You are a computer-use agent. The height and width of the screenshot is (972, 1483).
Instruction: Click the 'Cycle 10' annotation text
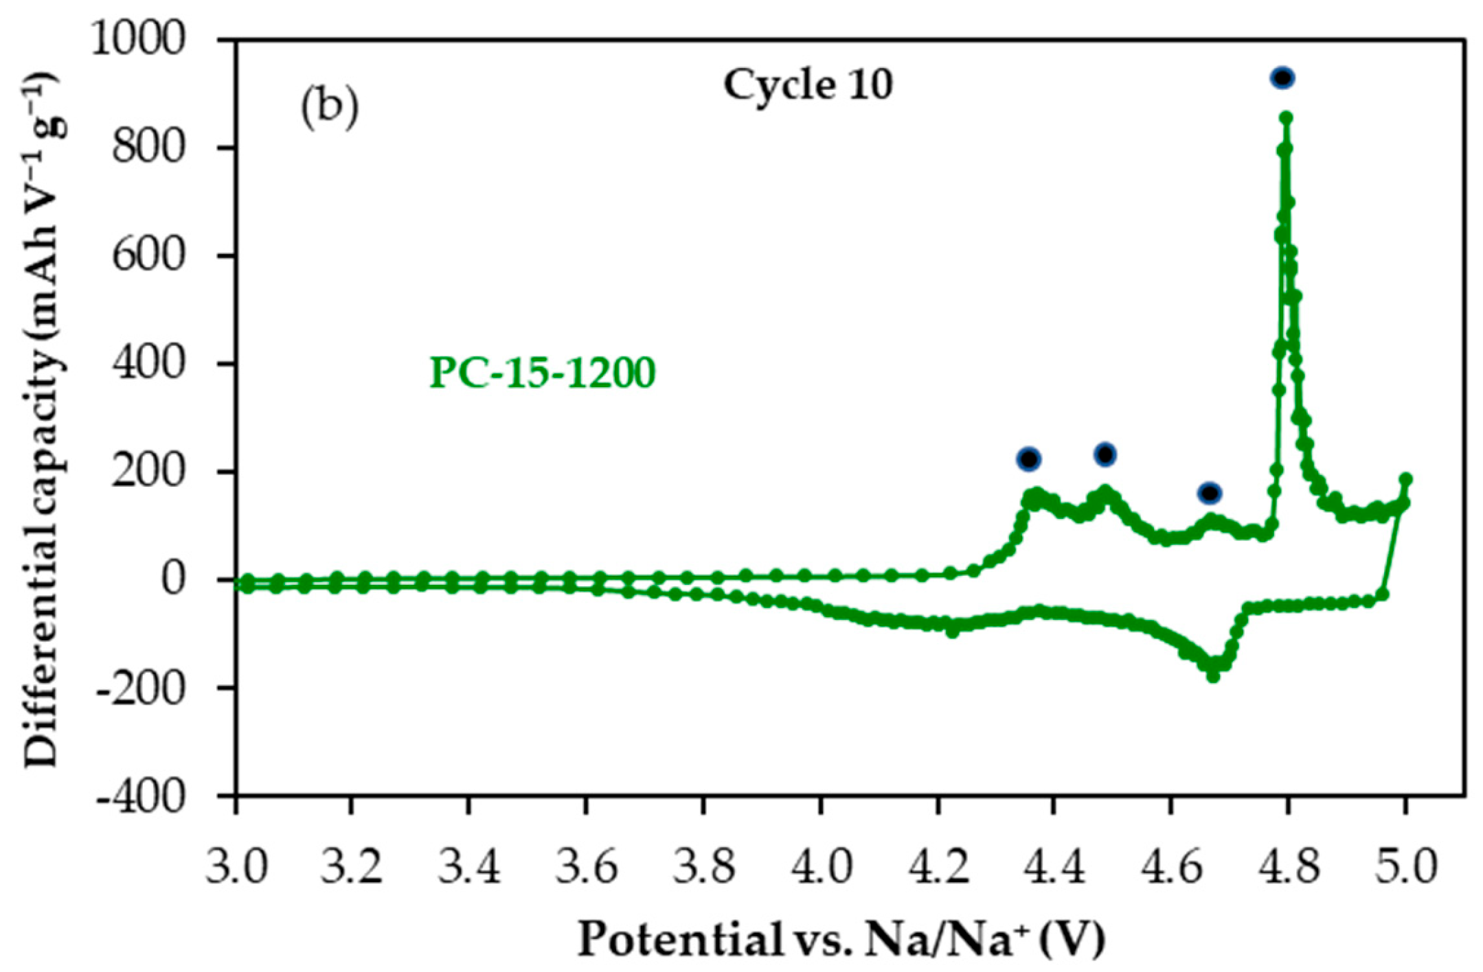point(808,86)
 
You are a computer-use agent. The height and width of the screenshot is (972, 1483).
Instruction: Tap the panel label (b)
point(329,108)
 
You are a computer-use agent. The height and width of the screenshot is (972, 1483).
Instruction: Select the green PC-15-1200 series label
point(543,373)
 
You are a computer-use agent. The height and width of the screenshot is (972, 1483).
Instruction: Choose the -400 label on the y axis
point(141,796)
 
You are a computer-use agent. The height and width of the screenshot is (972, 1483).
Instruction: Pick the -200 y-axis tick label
point(141,688)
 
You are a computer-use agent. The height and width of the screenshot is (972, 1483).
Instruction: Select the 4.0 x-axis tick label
point(821,866)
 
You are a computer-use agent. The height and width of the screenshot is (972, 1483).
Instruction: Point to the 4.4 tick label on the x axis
point(1054,866)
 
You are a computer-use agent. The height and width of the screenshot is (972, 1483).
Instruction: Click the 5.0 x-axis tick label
point(1405,866)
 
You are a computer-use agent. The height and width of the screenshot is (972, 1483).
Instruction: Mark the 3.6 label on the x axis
point(587,866)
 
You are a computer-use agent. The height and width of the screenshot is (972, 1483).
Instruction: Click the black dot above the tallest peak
point(1282,78)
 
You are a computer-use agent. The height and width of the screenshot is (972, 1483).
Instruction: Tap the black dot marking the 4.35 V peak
point(1029,459)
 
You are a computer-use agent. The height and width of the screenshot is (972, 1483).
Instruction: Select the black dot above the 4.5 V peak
point(1105,454)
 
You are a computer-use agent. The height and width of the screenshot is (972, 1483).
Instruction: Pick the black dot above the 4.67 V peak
point(1210,493)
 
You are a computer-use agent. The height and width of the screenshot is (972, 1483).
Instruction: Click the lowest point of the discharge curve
point(1213,677)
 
